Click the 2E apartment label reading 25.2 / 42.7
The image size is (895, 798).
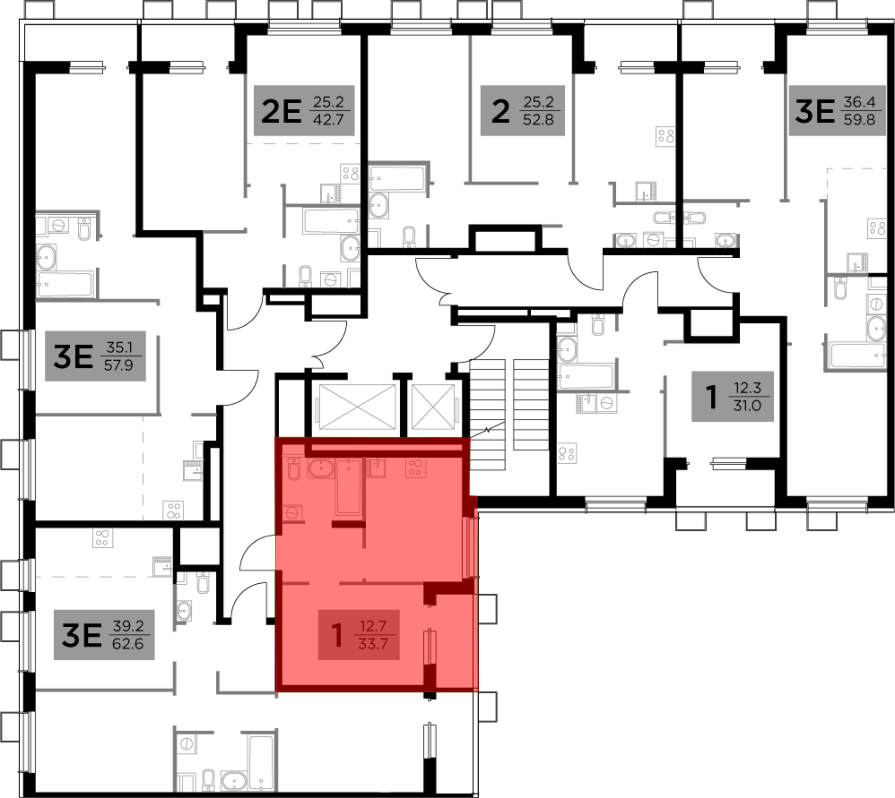click(x=304, y=110)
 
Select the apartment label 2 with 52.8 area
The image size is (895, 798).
click(x=522, y=110)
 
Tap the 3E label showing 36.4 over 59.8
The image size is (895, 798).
click(x=837, y=110)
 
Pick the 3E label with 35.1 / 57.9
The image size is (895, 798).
click(x=95, y=356)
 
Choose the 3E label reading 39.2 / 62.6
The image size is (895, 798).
click(x=104, y=634)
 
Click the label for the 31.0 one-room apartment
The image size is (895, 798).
click(x=732, y=396)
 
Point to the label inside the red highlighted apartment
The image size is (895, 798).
click(x=358, y=634)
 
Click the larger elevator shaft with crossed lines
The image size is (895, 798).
click(x=357, y=407)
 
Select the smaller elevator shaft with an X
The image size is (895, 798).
click(x=433, y=407)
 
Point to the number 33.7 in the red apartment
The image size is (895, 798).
click(x=373, y=644)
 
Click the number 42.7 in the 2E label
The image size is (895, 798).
click(x=328, y=120)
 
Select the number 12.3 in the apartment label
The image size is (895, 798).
click(x=747, y=387)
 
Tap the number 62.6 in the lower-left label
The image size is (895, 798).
click(x=128, y=644)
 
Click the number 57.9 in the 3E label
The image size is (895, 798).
click(x=118, y=365)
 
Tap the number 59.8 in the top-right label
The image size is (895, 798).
click(x=859, y=120)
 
